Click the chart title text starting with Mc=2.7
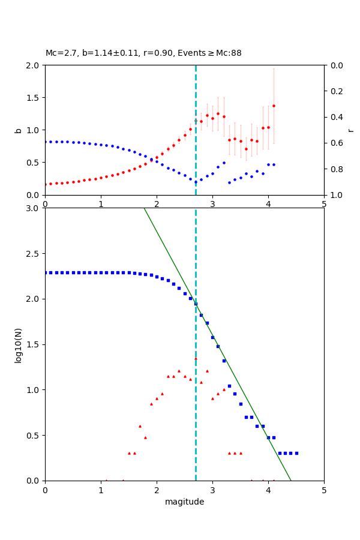point(143,53)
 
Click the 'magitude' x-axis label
point(184,502)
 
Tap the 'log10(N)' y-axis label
point(18,344)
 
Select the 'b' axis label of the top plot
point(18,130)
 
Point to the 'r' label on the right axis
point(351,130)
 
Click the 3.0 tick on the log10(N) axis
point(34,208)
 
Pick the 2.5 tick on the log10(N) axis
point(34,254)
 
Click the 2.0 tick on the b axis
point(34,65)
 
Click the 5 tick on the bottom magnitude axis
point(324,490)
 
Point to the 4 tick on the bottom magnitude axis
point(268,490)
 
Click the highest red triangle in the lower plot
point(196,358)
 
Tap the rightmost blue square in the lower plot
point(296,453)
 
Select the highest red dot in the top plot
point(274,106)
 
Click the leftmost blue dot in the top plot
point(45,142)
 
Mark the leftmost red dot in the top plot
point(45,184)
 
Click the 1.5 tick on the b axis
point(34,98)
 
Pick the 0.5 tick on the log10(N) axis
point(34,436)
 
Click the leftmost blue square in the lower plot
point(45,272)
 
